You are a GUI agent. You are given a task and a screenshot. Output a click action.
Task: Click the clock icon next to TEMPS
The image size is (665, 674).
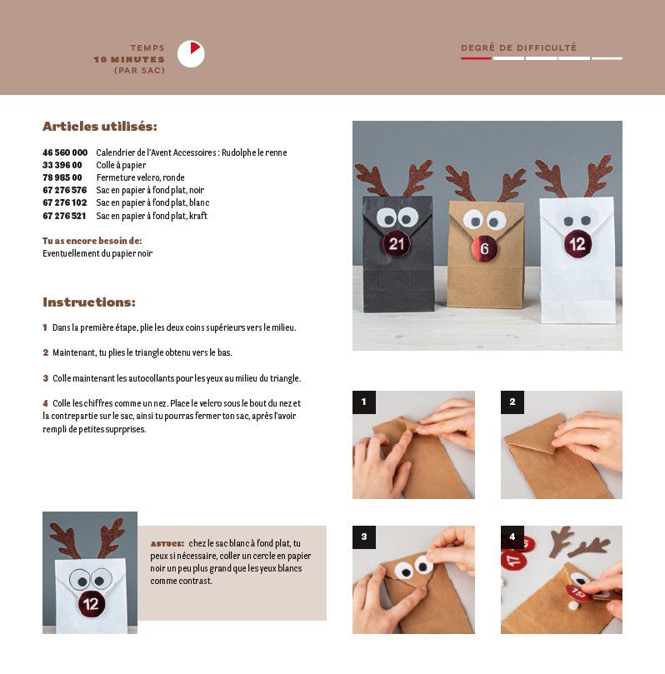tap(191, 54)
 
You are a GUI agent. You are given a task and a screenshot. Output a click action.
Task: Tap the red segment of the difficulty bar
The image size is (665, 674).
tap(476, 58)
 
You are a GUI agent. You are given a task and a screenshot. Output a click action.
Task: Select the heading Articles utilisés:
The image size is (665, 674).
tap(100, 127)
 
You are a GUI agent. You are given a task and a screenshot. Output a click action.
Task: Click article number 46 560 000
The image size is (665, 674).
tap(65, 152)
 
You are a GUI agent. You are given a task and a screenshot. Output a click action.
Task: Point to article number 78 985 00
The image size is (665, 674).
tap(62, 177)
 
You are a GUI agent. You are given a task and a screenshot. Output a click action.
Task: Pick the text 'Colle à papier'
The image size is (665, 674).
tap(121, 166)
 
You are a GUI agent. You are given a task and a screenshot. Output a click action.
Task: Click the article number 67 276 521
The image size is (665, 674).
tap(64, 216)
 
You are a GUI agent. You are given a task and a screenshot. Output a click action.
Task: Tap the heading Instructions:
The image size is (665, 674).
tap(89, 302)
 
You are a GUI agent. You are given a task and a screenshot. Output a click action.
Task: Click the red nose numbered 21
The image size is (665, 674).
tap(397, 244)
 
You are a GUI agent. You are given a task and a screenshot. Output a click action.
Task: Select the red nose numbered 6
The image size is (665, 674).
tap(484, 248)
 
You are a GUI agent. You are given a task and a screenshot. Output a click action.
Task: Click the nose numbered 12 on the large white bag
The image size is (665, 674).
tap(577, 244)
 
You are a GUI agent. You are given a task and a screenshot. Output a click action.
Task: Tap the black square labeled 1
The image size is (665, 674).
tap(364, 402)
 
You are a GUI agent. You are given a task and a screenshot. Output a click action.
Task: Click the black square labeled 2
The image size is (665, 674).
tap(512, 402)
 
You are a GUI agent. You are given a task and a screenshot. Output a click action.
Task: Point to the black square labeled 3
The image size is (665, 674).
tap(364, 537)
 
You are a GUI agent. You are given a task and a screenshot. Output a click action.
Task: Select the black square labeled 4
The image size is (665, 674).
tap(512, 537)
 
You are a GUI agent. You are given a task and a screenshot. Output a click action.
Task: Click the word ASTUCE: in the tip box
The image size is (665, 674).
tap(167, 544)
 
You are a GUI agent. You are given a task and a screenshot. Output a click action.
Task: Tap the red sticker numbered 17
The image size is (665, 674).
tap(513, 560)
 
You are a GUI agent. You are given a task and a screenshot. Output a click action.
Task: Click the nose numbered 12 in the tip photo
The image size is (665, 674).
tap(91, 604)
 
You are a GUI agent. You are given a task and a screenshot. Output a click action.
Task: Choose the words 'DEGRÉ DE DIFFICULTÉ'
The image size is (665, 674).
tap(519, 47)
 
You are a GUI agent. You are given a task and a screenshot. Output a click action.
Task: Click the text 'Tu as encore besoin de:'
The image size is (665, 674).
tap(92, 241)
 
